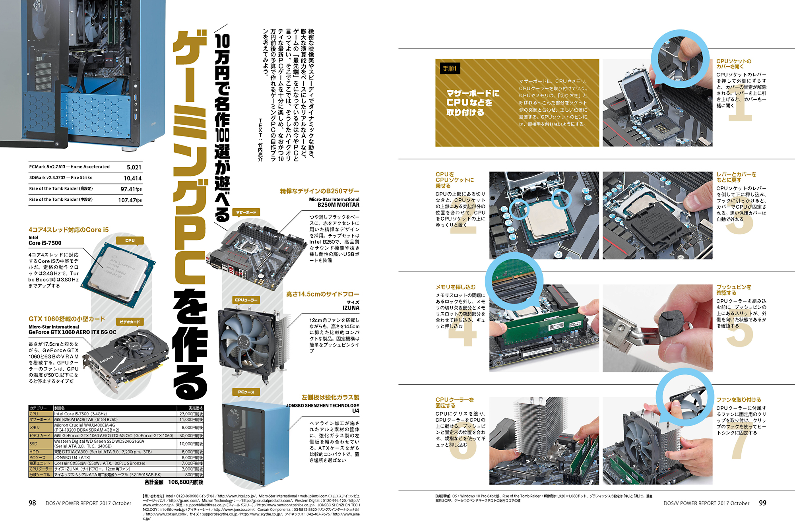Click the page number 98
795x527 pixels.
coord(32,503)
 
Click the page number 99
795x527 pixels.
coord(762,503)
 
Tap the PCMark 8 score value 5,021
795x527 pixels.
coord(134,167)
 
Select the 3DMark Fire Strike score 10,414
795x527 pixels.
coord(132,178)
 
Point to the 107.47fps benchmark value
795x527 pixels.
coord(130,200)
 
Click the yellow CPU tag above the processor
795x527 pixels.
coord(130,240)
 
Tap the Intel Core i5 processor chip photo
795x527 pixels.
coord(118,274)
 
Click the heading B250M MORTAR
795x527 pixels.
coord(338,205)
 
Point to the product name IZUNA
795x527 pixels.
coord(351,308)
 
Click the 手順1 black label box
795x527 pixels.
coord(450,69)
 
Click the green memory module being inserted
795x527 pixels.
coord(545,325)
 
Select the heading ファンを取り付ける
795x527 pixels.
coord(739,400)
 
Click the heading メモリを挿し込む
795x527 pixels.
coord(455,287)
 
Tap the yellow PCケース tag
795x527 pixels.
coord(246,392)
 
